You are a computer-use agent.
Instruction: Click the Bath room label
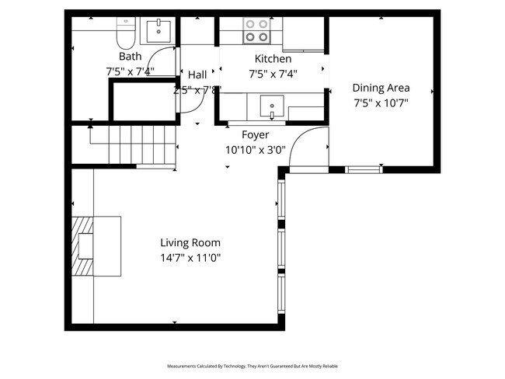pyautogui.click(x=130, y=57)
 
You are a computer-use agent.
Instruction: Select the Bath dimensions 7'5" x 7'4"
pyautogui.click(x=130, y=71)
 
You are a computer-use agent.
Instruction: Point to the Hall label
pyautogui.click(x=197, y=75)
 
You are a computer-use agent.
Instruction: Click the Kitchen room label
pyautogui.click(x=273, y=59)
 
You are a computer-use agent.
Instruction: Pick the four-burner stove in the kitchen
pyautogui.click(x=257, y=30)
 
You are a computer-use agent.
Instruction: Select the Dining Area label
pyautogui.click(x=381, y=88)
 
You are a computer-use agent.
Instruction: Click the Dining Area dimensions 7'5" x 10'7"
pyautogui.click(x=381, y=103)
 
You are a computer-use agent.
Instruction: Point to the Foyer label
pyautogui.click(x=255, y=135)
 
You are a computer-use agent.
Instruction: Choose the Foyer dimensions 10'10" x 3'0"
pyautogui.click(x=255, y=150)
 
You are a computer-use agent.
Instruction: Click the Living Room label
pyautogui.click(x=190, y=242)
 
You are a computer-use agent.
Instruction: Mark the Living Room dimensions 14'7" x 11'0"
pyautogui.click(x=190, y=258)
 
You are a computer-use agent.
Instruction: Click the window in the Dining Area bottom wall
pyautogui.click(x=363, y=169)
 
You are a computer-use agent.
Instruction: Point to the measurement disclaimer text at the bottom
pyautogui.click(x=252, y=365)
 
